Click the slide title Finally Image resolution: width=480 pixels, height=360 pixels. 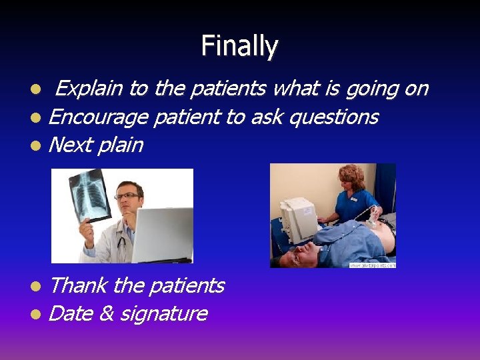239,46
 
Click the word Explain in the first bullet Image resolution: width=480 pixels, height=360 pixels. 89,88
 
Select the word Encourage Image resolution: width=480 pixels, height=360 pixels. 98,117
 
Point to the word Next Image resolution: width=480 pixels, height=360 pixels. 70,145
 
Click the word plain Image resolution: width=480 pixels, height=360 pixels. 121,145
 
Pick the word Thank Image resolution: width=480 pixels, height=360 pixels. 78,285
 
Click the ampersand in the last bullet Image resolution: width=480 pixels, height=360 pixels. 105,313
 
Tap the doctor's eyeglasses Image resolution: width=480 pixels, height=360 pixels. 126,196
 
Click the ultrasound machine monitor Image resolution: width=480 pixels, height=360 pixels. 297,213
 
